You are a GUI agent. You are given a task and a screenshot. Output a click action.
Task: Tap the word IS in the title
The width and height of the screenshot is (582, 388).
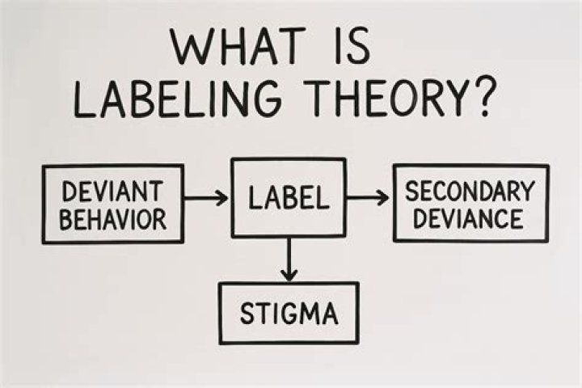tap(352, 46)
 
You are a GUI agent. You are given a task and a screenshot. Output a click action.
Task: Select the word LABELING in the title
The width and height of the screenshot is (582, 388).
tap(178, 99)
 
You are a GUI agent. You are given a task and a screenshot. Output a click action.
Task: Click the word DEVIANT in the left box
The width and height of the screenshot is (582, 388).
tap(112, 192)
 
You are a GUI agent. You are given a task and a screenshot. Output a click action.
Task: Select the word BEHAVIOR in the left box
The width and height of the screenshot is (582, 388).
tap(113, 219)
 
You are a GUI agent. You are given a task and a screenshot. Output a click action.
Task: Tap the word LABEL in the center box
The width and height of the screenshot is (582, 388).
tap(289, 197)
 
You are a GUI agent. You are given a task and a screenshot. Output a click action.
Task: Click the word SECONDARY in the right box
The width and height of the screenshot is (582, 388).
tap(470, 192)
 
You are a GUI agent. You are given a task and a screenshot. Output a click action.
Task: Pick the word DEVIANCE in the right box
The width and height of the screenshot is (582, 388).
tap(468, 218)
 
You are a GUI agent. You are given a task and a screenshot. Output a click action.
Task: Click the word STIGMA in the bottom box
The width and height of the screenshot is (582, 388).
tap(289, 314)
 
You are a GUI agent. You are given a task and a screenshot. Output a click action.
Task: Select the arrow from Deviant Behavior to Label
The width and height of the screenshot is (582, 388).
tap(206, 197)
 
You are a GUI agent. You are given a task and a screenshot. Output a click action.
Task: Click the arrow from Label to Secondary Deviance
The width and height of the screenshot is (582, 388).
tap(368, 197)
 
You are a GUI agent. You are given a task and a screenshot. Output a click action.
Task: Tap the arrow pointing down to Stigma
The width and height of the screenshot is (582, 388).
tap(289, 259)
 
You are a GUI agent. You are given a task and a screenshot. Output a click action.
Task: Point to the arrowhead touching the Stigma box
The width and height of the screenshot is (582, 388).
tap(289, 276)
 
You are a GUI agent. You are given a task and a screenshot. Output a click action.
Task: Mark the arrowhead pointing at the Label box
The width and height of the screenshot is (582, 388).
tap(223, 197)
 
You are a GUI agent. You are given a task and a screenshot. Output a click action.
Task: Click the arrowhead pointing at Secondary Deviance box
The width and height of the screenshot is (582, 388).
tap(383, 197)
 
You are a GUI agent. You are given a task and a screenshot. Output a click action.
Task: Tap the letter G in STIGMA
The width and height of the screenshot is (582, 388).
tap(287, 314)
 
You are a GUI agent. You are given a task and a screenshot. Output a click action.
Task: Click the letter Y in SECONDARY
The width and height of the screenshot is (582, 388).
tap(527, 192)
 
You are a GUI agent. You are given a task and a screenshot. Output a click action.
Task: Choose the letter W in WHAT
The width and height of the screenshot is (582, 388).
tap(192, 46)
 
